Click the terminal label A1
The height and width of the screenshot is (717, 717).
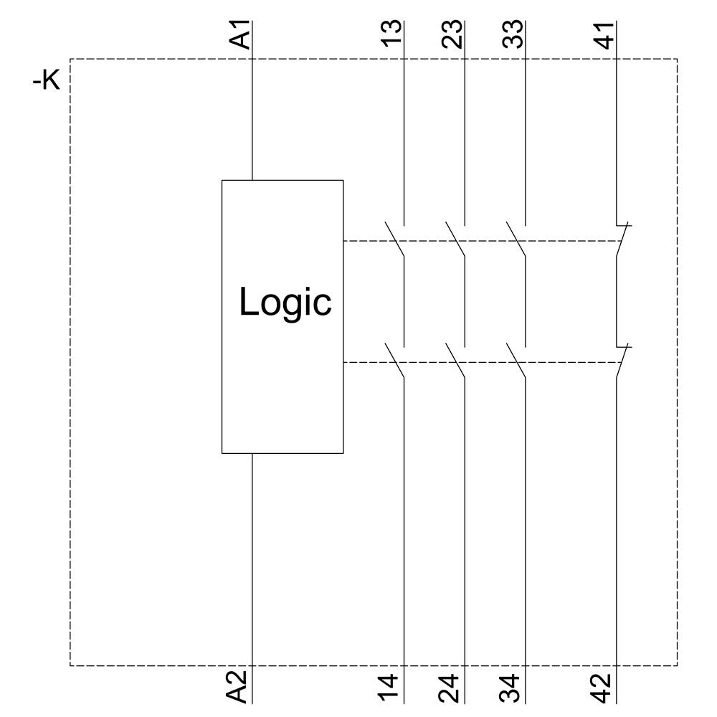tap(243, 35)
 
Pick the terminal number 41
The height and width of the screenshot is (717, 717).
tap(606, 35)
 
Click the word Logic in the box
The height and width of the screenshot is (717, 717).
tap(285, 303)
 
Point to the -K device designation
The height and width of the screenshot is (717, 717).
tap(47, 81)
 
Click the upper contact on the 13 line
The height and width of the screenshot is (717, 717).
tap(396, 240)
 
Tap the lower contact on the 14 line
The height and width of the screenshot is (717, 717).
tap(396, 361)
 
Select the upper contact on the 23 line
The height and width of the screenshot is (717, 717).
tap(457, 240)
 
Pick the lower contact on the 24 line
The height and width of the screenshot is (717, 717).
tap(457, 361)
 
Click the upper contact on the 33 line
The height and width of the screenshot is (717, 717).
tap(518, 240)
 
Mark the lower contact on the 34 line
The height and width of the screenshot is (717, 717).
tap(518, 361)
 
